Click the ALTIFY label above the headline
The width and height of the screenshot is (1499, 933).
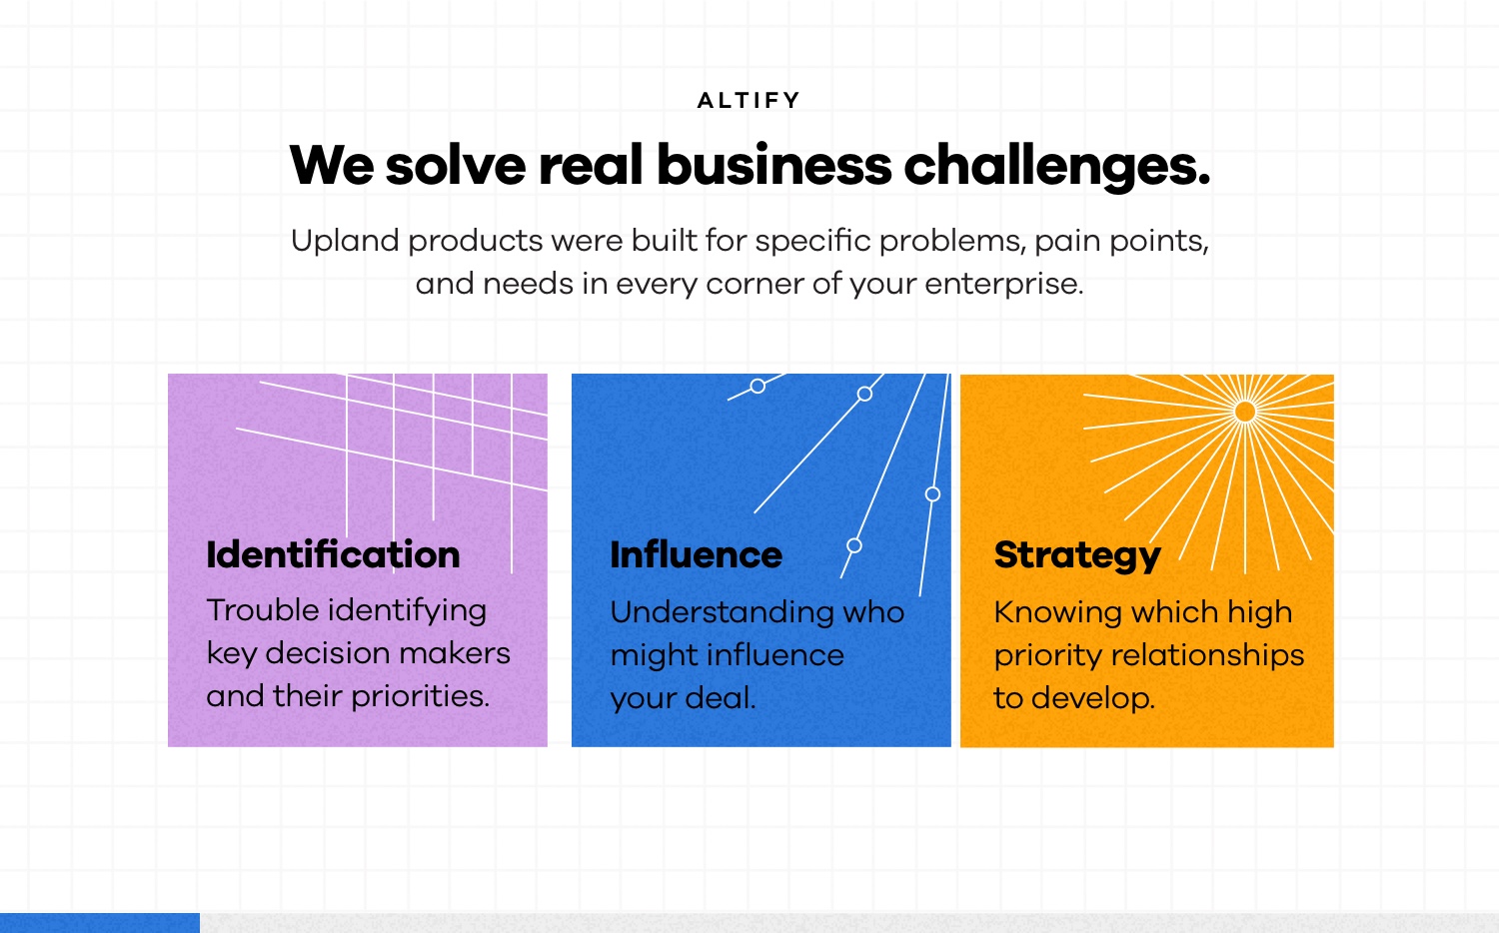tap(749, 100)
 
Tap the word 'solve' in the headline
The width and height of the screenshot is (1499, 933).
tap(456, 165)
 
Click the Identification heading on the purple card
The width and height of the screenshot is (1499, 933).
tap(333, 554)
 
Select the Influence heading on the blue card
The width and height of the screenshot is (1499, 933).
tap(696, 554)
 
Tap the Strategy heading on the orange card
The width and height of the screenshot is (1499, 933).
tap(1077, 556)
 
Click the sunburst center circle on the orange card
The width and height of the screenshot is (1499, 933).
tap(1245, 412)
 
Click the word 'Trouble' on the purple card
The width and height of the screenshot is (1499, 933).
tap(263, 610)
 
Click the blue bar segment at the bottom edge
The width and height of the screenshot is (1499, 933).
tap(100, 923)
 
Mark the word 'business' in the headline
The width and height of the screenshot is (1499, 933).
tap(774, 165)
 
